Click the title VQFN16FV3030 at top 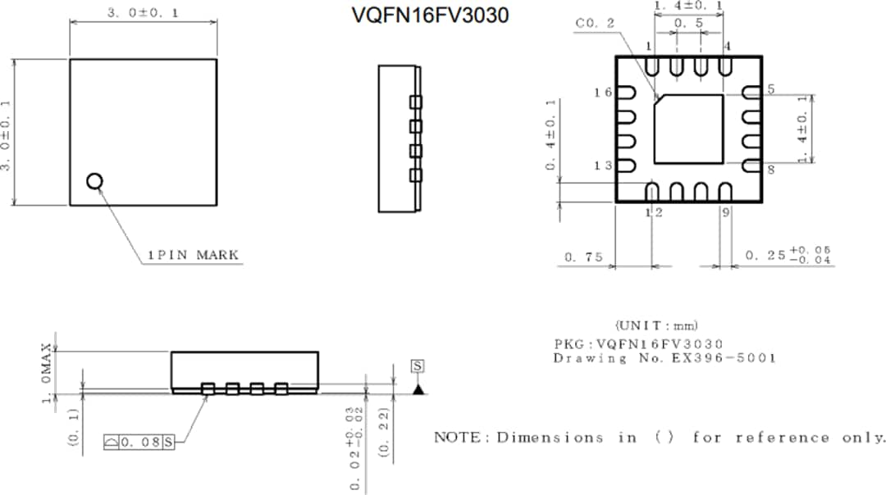[x=431, y=15]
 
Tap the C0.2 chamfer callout [x=596, y=24]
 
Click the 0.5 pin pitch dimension [x=687, y=24]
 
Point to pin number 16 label [x=603, y=93]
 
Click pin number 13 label [x=603, y=166]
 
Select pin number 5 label [x=771, y=89]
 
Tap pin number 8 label [x=771, y=170]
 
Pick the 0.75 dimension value [x=583, y=258]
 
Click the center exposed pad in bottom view [x=689, y=129]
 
